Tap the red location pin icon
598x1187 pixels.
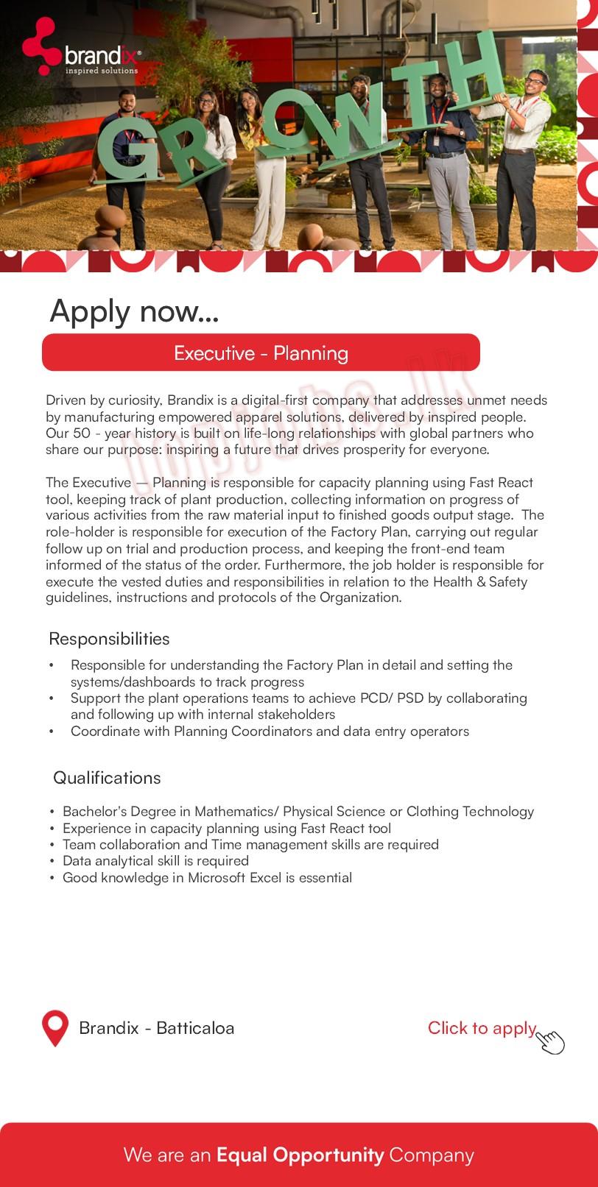(55, 1027)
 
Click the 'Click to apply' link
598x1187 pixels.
(482, 1028)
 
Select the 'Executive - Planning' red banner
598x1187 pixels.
(261, 353)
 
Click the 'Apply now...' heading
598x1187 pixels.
(134, 311)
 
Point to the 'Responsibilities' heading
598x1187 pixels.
(109, 639)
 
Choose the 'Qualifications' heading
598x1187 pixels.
(107, 778)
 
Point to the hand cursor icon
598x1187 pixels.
(551, 1042)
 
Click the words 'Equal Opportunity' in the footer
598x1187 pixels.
(300, 1155)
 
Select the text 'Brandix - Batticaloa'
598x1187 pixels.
(156, 1028)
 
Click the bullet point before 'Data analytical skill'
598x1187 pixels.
(53, 861)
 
